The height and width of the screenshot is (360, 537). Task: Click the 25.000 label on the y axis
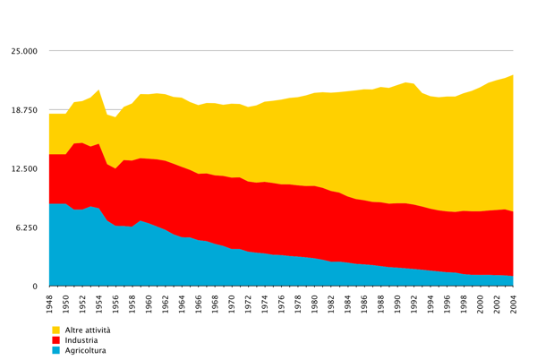click(x=24, y=51)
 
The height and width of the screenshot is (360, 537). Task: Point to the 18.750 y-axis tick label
click(x=24, y=110)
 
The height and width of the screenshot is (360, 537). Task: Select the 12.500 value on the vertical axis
click(x=24, y=169)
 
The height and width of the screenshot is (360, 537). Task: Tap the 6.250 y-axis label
click(x=26, y=227)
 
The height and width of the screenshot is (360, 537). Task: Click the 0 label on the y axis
click(x=35, y=287)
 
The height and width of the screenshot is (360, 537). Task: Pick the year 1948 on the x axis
click(x=49, y=304)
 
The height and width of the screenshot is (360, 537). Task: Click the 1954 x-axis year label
click(x=99, y=304)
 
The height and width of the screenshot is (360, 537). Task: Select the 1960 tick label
click(x=149, y=304)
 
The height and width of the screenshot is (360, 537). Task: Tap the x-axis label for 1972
click(x=248, y=304)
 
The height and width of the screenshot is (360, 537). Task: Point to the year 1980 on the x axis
click(x=314, y=304)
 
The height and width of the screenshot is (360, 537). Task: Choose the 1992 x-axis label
click(x=413, y=304)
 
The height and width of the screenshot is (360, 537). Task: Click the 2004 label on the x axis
click(x=513, y=304)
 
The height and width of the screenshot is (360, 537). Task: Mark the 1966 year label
click(x=199, y=304)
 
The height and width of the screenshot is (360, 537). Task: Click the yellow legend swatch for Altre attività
click(x=55, y=330)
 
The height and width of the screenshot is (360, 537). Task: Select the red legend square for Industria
click(x=55, y=340)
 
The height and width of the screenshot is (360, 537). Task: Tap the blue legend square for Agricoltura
click(x=55, y=350)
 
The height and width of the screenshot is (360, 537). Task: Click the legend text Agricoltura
click(x=86, y=351)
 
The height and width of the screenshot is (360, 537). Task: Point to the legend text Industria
click(x=81, y=340)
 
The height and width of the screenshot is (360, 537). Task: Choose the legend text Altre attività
click(x=88, y=330)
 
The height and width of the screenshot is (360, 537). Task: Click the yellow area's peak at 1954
click(x=99, y=90)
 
